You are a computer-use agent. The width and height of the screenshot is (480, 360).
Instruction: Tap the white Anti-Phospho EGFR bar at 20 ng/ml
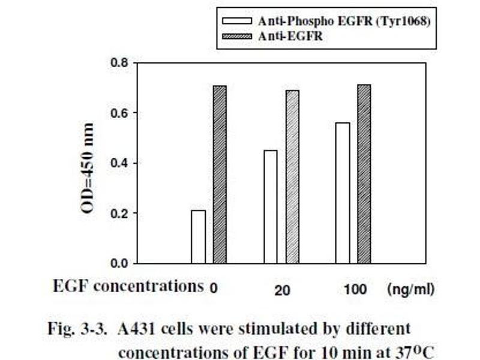[271, 206]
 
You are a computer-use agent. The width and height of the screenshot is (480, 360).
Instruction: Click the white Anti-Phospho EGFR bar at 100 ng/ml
[343, 193]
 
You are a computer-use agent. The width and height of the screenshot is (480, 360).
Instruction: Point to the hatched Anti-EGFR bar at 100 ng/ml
[364, 173]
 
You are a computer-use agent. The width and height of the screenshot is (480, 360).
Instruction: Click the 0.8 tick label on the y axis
[119, 62]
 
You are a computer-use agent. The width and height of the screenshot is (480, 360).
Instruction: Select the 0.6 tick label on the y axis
[119, 113]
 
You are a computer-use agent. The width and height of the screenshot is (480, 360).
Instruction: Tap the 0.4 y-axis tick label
[119, 163]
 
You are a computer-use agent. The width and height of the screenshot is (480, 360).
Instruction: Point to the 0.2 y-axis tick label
[119, 213]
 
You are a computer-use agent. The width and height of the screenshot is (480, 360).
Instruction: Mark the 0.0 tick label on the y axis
[119, 263]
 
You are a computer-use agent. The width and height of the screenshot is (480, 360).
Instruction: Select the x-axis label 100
[356, 290]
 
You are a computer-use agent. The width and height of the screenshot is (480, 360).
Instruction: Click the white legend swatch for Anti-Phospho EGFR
[238, 21]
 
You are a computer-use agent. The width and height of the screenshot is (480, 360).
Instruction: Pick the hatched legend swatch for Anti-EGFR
[238, 35]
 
